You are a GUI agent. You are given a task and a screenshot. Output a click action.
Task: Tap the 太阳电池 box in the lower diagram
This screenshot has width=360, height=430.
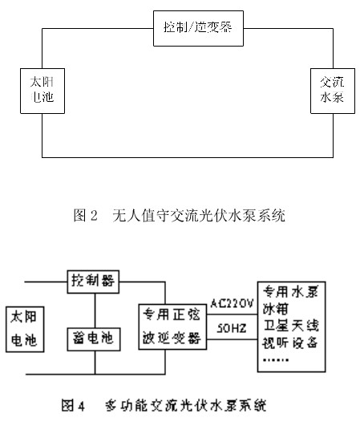(x=26, y=329)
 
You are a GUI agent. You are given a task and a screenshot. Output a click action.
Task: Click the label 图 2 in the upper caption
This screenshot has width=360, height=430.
(x=85, y=216)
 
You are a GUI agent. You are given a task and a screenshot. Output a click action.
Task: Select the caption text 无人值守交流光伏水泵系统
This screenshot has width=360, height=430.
(x=199, y=216)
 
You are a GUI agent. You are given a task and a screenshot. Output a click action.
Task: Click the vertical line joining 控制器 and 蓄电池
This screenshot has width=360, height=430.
(x=95, y=310)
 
